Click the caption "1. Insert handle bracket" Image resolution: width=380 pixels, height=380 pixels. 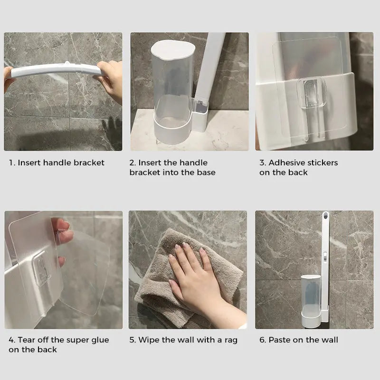(x=57, y=162)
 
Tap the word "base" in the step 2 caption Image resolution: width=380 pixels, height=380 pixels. (x=206, y=172)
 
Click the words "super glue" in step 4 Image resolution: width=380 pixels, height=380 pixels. (x=88, y=340)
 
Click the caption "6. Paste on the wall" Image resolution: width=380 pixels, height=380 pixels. (x=298, y=340)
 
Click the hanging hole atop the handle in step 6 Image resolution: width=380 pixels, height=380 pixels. (x=326, y=219)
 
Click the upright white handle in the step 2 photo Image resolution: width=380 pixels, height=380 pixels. (x=211, y=66)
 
